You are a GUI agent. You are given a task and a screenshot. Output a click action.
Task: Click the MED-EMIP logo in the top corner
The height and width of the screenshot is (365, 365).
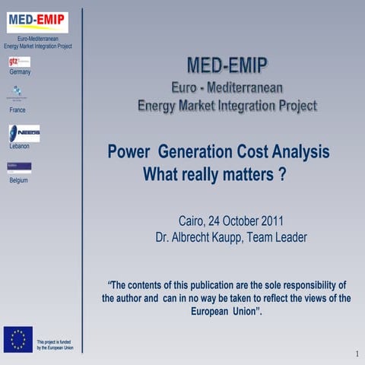37,22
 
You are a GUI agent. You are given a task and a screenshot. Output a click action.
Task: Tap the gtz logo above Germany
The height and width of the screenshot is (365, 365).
19,62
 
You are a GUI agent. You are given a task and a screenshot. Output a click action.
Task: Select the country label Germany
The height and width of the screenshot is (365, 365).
20,72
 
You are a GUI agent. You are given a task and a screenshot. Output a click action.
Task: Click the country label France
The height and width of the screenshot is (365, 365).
17,110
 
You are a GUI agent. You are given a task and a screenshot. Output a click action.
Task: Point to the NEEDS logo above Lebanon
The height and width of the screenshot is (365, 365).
24,133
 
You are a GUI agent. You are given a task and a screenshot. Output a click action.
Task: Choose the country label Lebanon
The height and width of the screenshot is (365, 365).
19,146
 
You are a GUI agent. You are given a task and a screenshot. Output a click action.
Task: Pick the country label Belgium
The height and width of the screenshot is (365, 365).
18,180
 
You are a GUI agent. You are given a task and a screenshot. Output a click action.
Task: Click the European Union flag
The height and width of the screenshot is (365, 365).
17,339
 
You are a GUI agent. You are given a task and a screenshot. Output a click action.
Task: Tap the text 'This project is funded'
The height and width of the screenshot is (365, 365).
55,341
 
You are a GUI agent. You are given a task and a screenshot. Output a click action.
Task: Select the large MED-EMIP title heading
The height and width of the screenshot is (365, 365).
227,63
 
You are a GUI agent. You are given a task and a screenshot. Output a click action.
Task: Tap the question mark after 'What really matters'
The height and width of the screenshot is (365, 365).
281,174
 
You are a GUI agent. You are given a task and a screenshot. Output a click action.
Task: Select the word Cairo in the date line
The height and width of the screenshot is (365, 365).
193,221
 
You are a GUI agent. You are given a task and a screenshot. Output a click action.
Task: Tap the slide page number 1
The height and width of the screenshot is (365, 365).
356,354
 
